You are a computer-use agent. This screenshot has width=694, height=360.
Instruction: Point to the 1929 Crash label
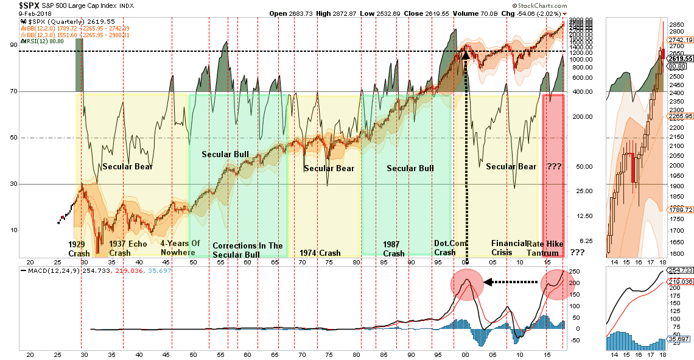[x=80, y=248]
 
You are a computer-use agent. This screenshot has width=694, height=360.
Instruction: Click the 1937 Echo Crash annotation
[x=128, y=248]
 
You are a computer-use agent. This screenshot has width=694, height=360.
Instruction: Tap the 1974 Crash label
[x=320, y=253]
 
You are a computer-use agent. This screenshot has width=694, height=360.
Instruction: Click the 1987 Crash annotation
[x=393, y=249]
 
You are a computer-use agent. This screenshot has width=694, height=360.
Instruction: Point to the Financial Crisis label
[x=508, y=248]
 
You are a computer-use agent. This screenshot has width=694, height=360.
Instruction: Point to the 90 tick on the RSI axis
[x=12, y=45]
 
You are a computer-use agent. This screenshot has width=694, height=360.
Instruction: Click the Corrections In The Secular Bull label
[x=247, y=250]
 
